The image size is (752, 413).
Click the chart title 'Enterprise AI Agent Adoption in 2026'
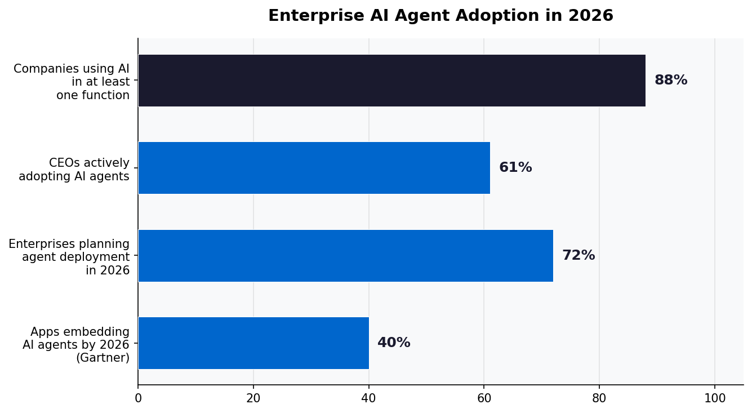440,16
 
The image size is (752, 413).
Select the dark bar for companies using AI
391,81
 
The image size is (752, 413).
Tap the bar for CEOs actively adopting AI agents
314,168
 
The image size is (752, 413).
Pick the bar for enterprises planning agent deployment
345,256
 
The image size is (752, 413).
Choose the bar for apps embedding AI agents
253,343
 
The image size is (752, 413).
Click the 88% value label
670,81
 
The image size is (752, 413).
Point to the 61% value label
515,168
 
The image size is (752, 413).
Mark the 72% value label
578,256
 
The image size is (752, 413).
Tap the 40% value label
393,343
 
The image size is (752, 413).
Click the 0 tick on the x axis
138,398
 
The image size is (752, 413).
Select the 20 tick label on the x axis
253,398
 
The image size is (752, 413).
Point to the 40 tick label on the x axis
368,398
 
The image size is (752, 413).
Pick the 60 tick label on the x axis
484,398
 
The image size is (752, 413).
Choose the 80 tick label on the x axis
599,398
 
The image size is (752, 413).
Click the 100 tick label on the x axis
715,398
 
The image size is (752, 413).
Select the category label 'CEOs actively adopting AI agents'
74,170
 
